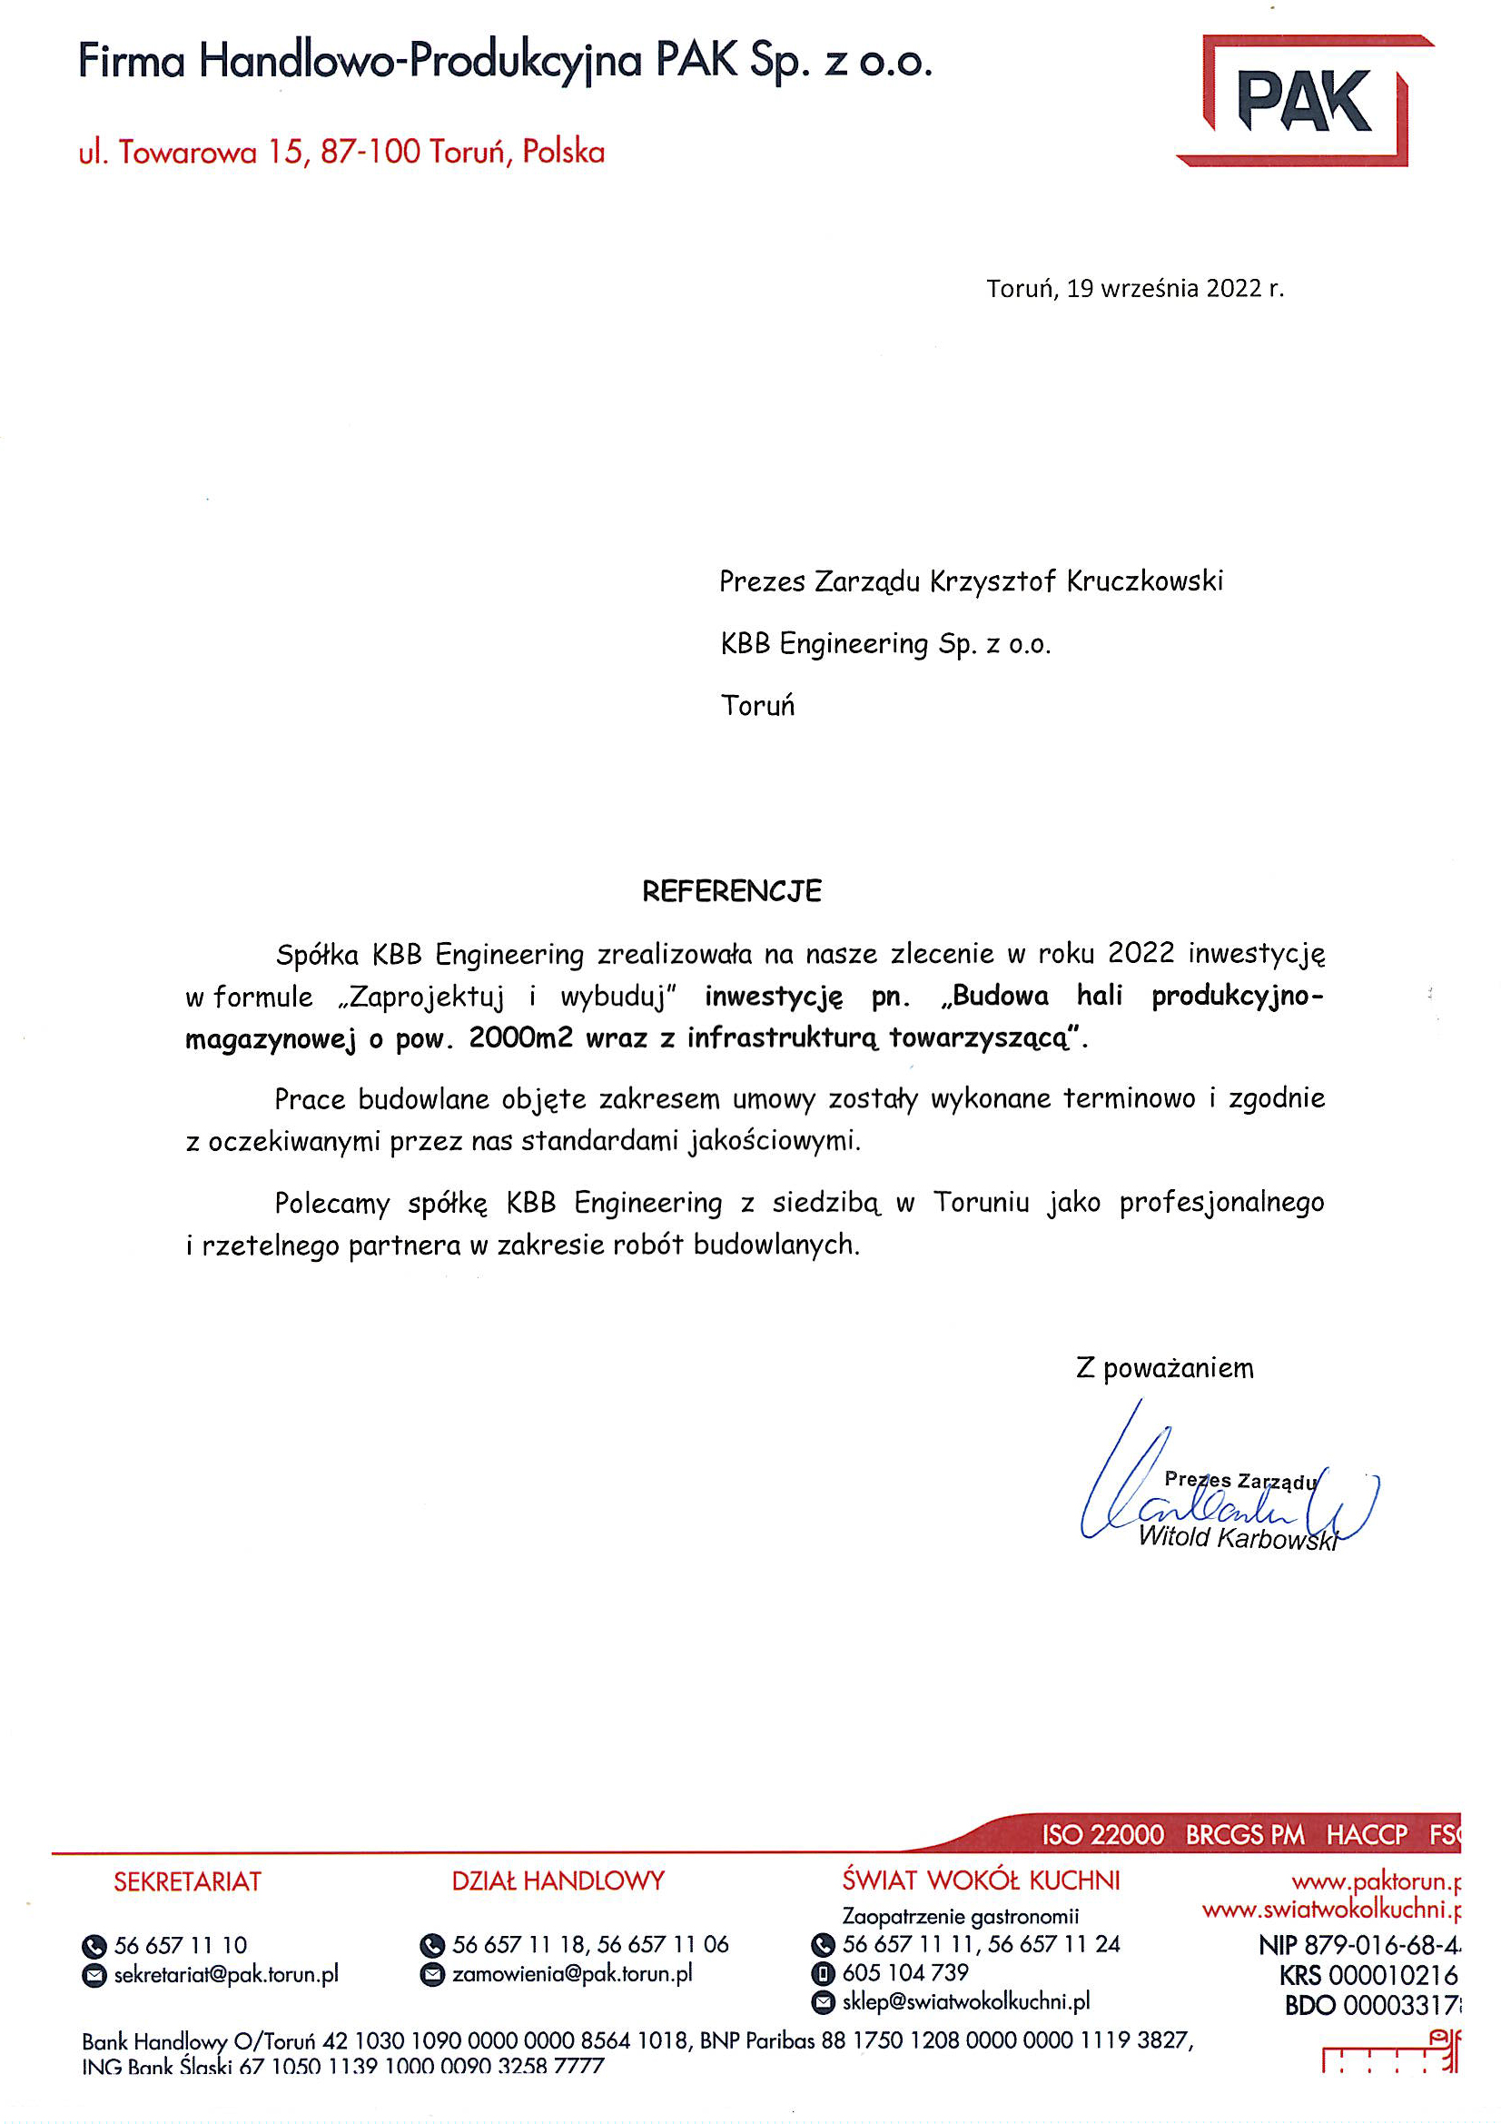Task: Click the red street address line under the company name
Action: (x=341, y=152)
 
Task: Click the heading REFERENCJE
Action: (x=732, y=891)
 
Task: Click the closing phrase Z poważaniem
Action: (x=1164, y=1368)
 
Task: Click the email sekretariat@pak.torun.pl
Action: (x=227, y=1974)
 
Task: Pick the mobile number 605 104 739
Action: (x=904, y=1972)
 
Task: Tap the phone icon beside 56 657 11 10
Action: (x=94, y=1946)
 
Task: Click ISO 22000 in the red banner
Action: (x=1102, y=1834)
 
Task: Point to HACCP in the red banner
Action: (x=1366, y=1834)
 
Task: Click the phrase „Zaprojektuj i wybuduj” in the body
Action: (x=509, y=997)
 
